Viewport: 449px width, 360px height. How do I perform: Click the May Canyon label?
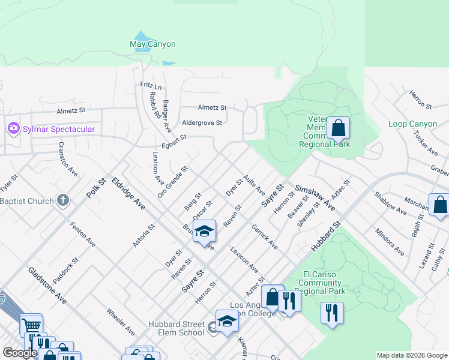point(152,44)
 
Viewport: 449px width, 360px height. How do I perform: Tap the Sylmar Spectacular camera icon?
point(13,129)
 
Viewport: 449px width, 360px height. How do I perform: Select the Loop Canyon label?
point(412,124)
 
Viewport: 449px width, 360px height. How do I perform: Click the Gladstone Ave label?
point(47,285)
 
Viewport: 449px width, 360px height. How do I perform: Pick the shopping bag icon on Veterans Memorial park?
point(339,128)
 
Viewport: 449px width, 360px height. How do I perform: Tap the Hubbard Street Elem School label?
point(177,329)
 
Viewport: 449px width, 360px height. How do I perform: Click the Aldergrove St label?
point(202,122)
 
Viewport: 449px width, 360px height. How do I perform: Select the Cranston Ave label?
point(68,159)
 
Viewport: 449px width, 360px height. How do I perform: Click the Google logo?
point(20,353)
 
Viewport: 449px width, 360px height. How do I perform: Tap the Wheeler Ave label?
point(121,322)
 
